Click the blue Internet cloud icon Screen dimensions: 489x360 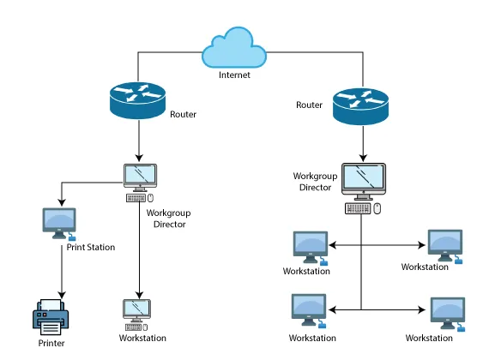tap(234, 47)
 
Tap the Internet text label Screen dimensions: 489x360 tap(234, 75)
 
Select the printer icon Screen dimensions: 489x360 tap(51, 317)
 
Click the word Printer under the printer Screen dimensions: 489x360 tap(51, 343)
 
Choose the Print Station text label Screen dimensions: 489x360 tap(91, 247)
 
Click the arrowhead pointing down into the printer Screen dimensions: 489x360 tap(62, 295)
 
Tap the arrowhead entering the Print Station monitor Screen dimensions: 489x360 tap(62, 202)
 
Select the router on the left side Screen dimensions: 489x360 tap(137, 100)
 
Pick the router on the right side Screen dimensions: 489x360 tap(361, 106)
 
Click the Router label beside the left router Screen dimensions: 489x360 tap(183, 114)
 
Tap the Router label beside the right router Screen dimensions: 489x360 tap(309, 105)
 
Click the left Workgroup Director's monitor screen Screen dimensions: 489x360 tap(140, 175)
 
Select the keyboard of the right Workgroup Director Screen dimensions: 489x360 tap(358, 208)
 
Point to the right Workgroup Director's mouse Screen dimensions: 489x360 tap(377, 208)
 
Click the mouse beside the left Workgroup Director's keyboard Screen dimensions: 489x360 tap(150, 198)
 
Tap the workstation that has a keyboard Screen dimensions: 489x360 tap(136, 315)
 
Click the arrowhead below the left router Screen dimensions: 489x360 tap(139, 158)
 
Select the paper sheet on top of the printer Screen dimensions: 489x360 tap(51, 304)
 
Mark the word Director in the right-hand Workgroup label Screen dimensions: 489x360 tap(316, 188)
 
